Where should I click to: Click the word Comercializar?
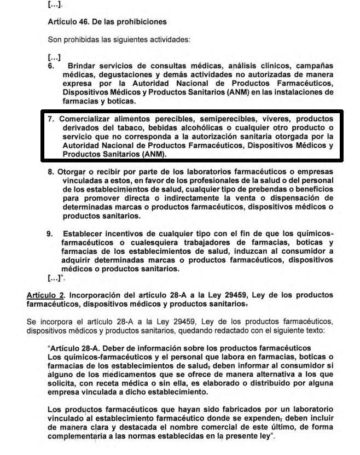tap(88, 119)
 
